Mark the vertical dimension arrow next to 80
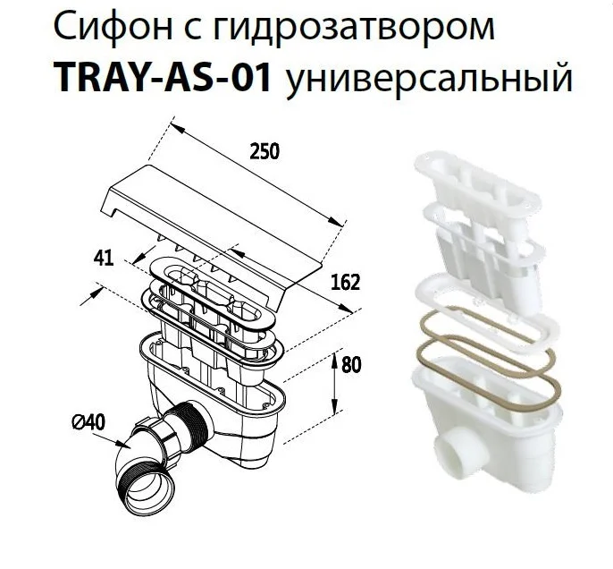coord(334,385)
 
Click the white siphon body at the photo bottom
coord(491,420)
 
